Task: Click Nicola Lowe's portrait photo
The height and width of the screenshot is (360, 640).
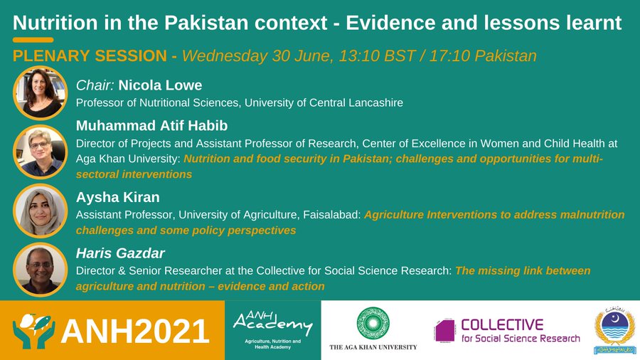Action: pos(40,92)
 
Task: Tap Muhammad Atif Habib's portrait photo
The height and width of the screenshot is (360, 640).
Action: pos(40,150)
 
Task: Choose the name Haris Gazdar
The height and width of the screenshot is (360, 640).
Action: pos(117,253)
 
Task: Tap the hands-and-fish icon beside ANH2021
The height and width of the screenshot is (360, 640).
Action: pos(34,330)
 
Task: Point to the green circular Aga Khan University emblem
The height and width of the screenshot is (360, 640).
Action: pos(373,322)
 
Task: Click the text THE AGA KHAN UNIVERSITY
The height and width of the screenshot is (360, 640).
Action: pos(373,347)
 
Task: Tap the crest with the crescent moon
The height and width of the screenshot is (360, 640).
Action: pos(615,329)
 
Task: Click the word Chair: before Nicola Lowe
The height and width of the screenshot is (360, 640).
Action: pos(95,85)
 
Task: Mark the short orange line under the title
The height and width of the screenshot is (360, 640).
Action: pos(33,40)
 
